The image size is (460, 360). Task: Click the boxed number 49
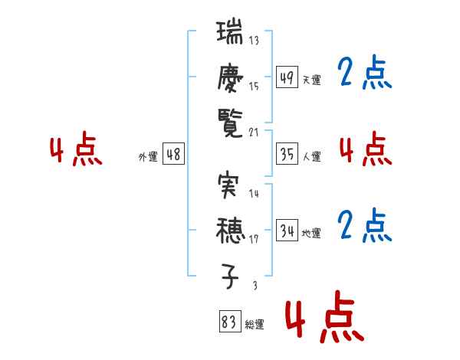[x=287, y=77]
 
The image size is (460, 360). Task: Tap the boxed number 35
[x=287, y=154]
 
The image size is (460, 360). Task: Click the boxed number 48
[x=173, y=154]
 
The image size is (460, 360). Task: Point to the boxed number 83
[x=228, y=322]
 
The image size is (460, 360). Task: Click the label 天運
[x=311, y=80]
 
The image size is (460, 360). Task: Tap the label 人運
[x=311, y=156]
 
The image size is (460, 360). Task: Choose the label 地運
[x=311, y=233]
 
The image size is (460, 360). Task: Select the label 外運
[x=148, y=156]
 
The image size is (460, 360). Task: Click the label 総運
[x=254, y=325]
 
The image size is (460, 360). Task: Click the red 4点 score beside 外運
[x=75, y=150]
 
